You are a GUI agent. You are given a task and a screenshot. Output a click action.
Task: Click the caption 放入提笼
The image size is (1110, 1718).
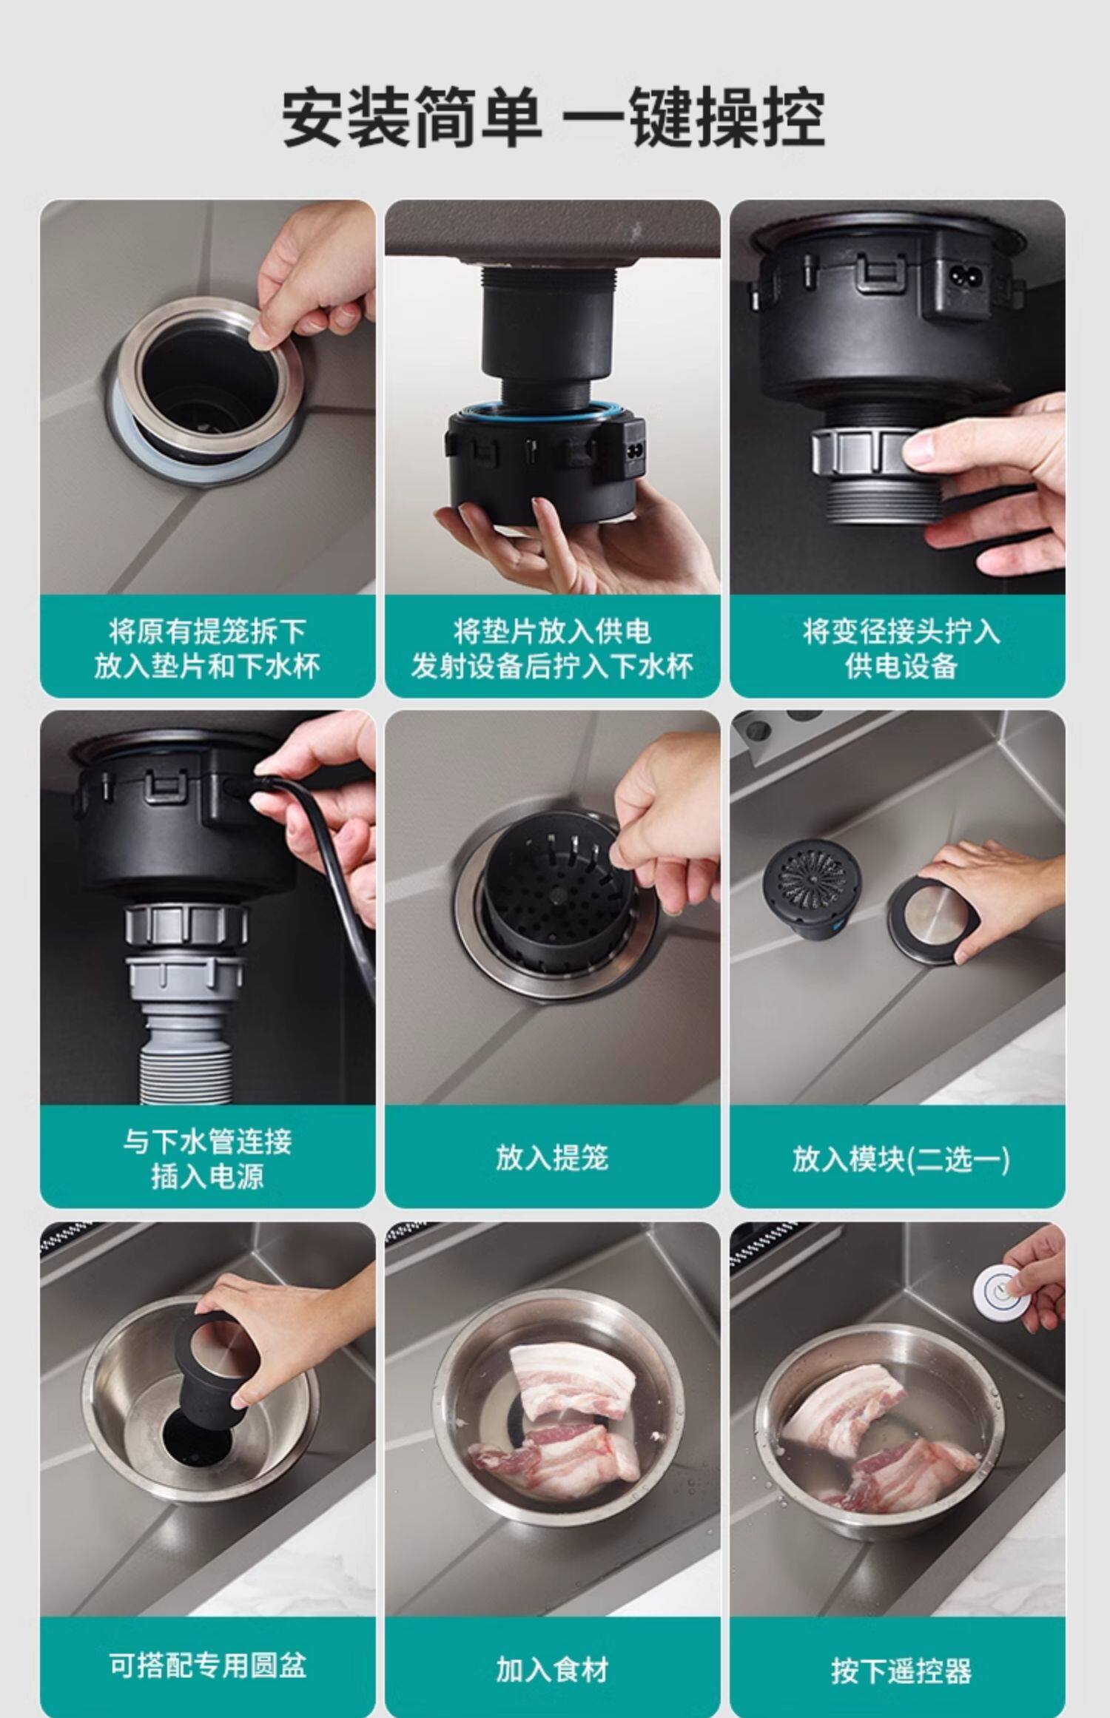click(552, 1158)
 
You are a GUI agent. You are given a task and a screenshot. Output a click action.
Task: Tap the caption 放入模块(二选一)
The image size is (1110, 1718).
click(901, 1159)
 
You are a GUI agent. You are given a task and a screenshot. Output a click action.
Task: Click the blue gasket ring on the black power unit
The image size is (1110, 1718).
click(544, 409)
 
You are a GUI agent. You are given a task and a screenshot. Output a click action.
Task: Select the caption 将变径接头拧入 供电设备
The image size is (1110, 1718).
click(901, 649)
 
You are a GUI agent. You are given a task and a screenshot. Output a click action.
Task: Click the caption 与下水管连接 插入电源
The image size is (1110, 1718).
click(207, 1159)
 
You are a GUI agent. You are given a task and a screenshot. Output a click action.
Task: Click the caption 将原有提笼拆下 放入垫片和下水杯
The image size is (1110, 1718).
click(207, 649)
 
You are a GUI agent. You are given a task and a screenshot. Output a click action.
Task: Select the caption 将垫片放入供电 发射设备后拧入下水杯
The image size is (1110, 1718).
click(552, 649)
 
